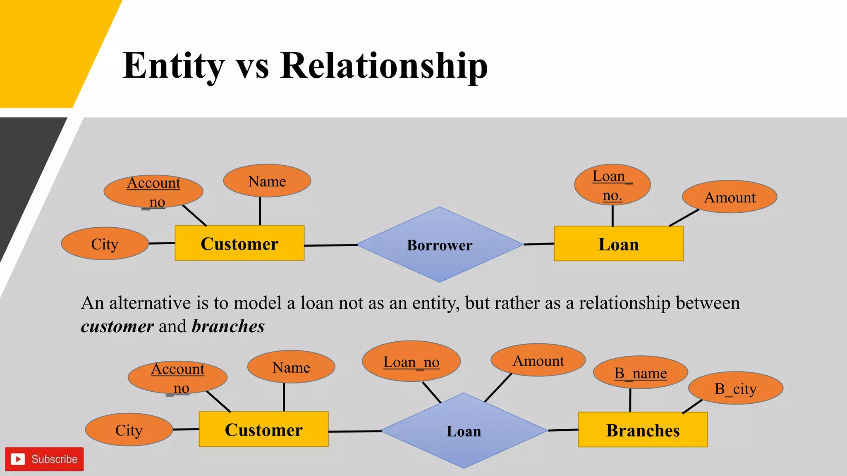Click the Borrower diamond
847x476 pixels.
pyautogui.click(x=440, y=245)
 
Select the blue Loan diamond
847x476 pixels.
pyautogui.click(x=464, y=431)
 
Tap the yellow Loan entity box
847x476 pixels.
pyautogui.click(x=618, y=244)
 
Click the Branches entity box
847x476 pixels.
pyautogui.click(x=643, y=430)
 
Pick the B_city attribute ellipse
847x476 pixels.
pyautogui.click(x=735, y=388)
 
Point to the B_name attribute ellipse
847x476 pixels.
pyautogui.click(x=640, y=373)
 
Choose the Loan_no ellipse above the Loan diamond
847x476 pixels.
pyautogui.click(x=411, y=362)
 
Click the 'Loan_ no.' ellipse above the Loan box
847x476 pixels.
pyautogui.click(x=612, y=185)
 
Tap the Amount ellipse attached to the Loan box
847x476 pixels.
pyautogui.click(x=730, y=197)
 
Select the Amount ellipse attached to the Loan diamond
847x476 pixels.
pyautogui.click(x=538, y=360)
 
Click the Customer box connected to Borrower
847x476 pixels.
pyautogui.click(x=239, y=243)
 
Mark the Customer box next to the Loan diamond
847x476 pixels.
pyautogui.click(x=263, y=429)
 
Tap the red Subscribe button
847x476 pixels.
pyautogui.click(x=45, y=459)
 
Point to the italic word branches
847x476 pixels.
pyautogui.click(x=228, y=326)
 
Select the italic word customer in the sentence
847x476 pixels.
pyautogui.click(x=117, y=326)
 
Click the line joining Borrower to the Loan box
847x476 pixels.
pyautogui.click(x=538, y=244)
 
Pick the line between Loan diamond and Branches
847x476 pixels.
pyautogui.click(x=563, y=430)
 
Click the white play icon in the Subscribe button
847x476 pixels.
pyautogui.click(x=18, y=459)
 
